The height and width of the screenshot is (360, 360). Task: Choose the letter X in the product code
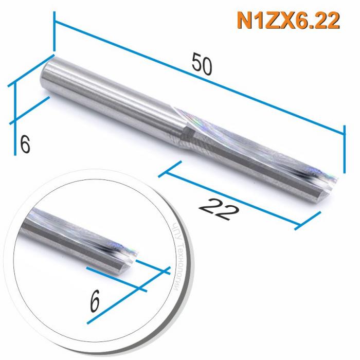[282, 21]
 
